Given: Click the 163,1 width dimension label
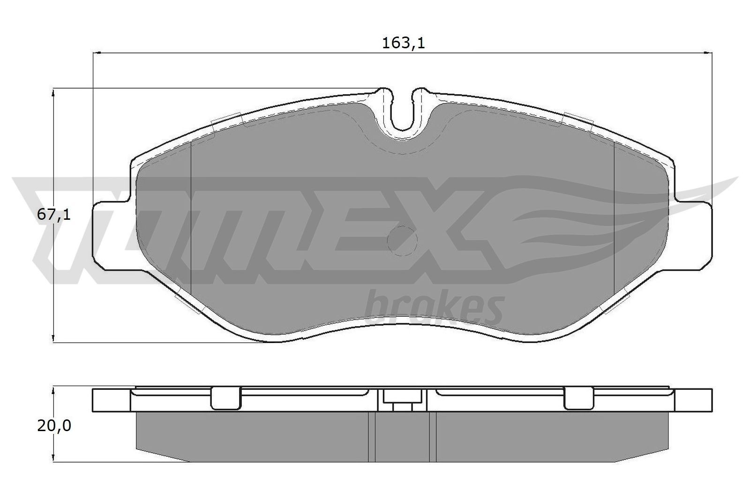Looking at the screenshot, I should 403,44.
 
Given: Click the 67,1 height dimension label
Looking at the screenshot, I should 53,216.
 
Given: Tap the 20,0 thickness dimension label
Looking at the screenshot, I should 53,425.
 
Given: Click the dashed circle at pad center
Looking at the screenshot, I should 402,241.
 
